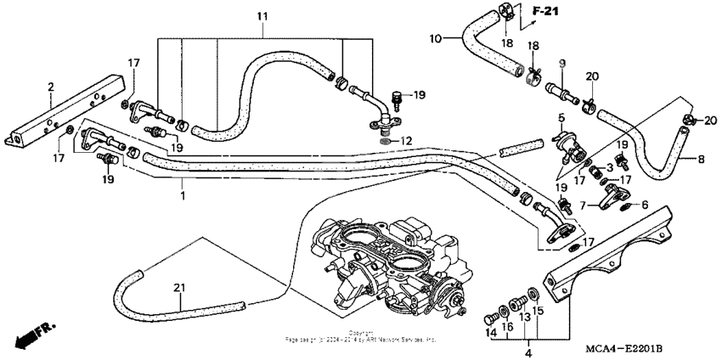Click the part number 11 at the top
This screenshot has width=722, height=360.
tap(262, 16)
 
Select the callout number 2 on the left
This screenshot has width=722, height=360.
tap(51, 87)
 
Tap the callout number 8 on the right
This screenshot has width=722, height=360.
tap(701, 159)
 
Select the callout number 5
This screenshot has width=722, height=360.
tap(561, 116)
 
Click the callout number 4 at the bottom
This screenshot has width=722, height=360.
tap(527, 352)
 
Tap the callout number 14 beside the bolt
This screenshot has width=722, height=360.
tap(491, 334)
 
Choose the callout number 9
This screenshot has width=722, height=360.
tap(561, 64)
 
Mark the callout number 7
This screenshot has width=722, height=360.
tap(584, 205)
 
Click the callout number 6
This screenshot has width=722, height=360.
tap(644, 205)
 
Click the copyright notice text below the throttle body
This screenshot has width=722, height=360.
tap(361, 337)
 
